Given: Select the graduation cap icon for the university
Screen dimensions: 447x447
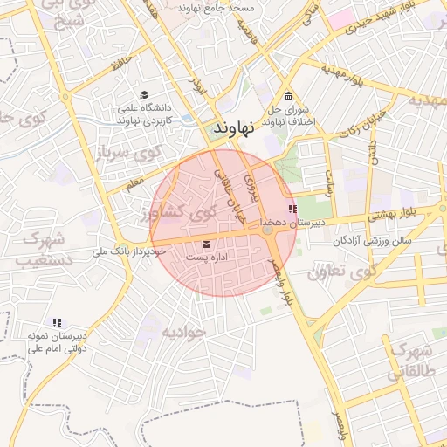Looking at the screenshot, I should pos(144,95).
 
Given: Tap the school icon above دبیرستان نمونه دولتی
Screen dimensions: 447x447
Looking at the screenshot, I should pos(57,322).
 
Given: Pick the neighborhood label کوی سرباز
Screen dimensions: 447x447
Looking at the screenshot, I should pos(131,155).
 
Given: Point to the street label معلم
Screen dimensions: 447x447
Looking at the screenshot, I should pos(134,185).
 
